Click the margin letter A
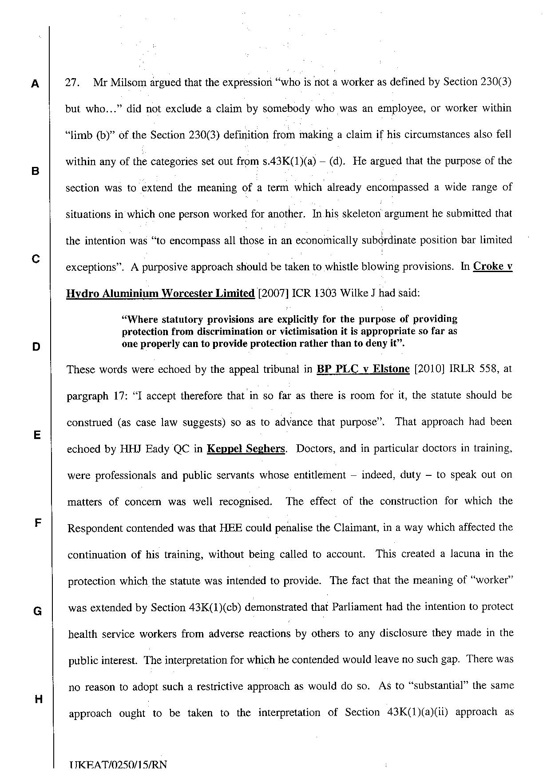point(35,84)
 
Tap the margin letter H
point(38,700)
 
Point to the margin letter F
point(38,522)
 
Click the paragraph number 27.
point(72,83)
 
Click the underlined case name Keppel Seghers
point(246,449)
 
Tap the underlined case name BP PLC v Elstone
point(363,369)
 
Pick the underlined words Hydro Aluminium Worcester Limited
point(160,293)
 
